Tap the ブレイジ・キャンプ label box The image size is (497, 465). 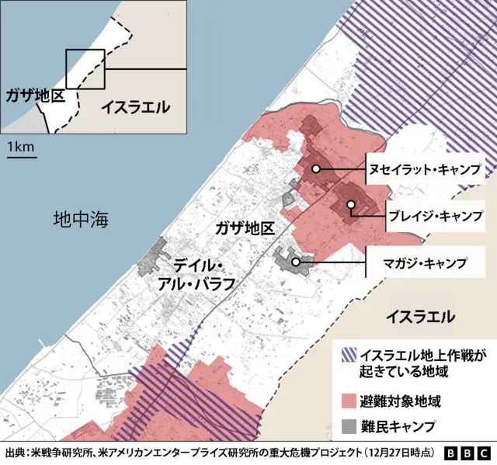[x=435, y=213]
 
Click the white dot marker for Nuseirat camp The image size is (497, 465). [x=316, y=168]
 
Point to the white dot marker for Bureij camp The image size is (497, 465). [x=351, y=205]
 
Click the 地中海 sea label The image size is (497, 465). [x=81, y=220]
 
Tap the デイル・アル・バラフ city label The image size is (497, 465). [x=195, y=273]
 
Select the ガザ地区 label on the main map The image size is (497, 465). [x=245, y=228]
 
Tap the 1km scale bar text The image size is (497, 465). [x=20, y=147]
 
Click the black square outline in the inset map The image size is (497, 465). [x=85, y=70]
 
